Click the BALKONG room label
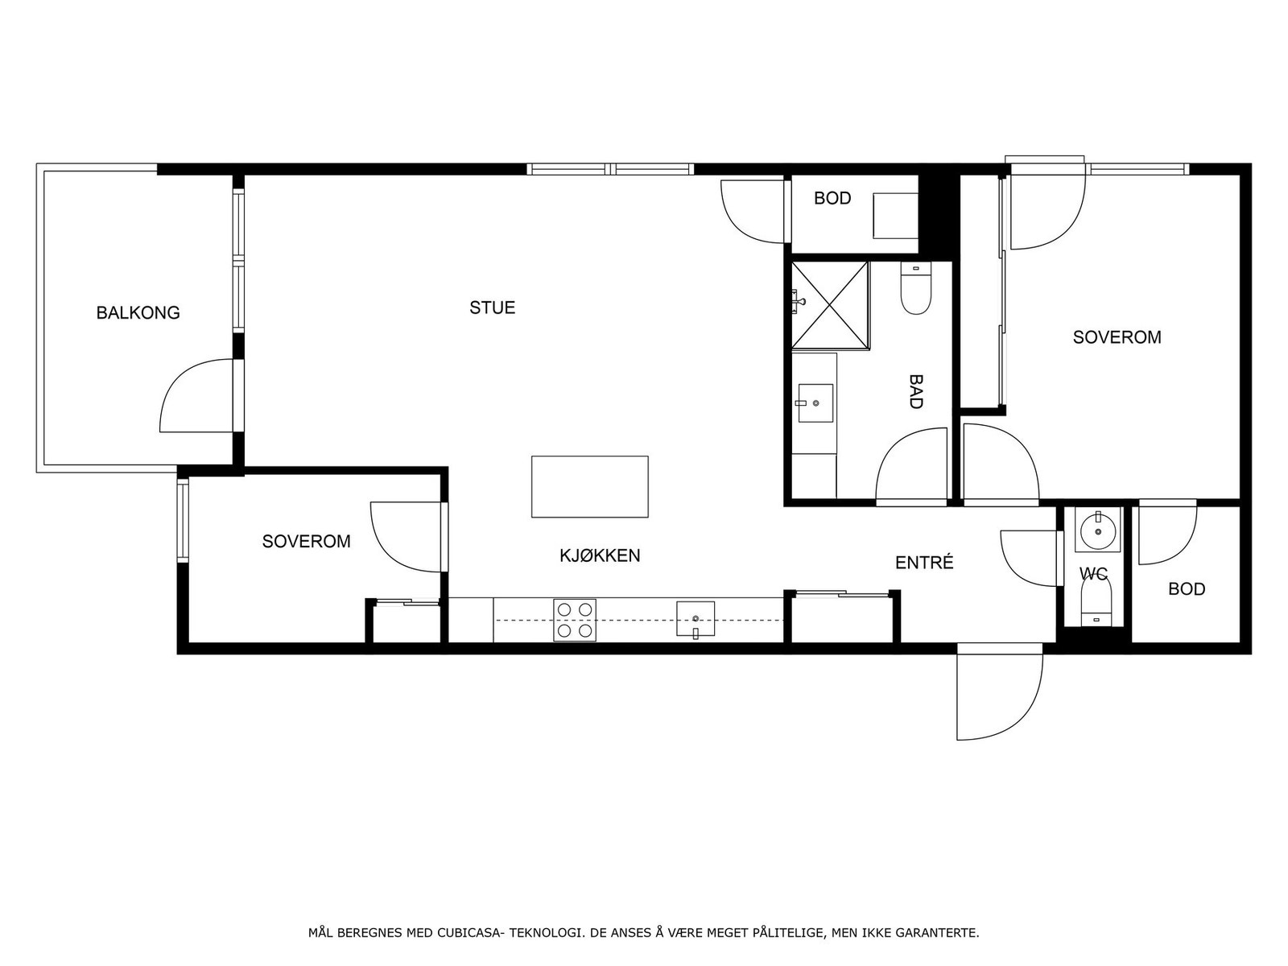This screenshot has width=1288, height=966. click(x=138, y=312)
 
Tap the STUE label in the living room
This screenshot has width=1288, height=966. click(x=492, y=308)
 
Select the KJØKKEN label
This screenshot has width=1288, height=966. click(x=600, y=555)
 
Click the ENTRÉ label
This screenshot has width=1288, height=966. click(x=924, y=563)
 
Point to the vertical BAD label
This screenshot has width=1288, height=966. click(x=915, y=391)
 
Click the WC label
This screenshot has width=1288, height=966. click(x=1093, y=574)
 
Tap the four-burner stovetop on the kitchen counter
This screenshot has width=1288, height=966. click(x=575, y=621)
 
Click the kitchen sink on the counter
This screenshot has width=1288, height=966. click(x=696, y=619)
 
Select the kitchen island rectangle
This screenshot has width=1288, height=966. click(x=589, y=486)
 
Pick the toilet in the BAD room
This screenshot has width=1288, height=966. click(x=915, y=291)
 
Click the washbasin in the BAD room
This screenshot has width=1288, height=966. click(x=815, y=402)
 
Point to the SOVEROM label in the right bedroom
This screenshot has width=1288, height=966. click(x=1117, y=337)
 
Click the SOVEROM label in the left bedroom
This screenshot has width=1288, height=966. click(x=306, y=542)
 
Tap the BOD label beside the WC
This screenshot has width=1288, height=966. click(x=1187, y=589)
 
